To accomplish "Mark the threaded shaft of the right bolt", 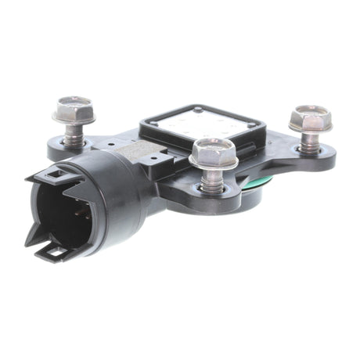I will tap(309, 141).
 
